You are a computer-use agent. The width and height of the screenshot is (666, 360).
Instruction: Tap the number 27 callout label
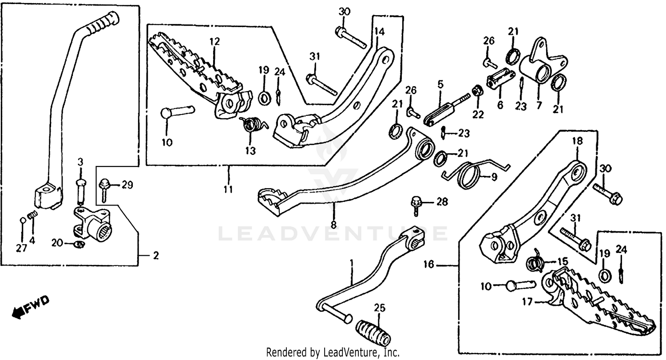coord(21,248)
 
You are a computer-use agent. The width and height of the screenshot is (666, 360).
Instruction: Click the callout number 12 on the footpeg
coord(214,42)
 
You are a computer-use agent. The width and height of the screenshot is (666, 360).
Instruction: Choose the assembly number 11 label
coord(228,190)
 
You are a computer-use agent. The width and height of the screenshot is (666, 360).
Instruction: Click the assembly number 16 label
coord(428,265)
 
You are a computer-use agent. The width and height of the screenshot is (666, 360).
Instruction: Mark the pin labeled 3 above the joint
coord(80,187)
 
